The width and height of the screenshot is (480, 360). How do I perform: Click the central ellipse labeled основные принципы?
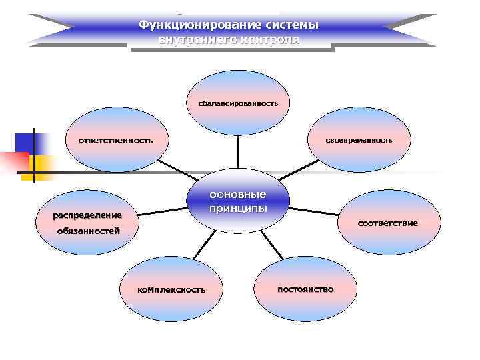(x=238, y=201)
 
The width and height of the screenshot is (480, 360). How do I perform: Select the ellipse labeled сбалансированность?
(x=238, y=103)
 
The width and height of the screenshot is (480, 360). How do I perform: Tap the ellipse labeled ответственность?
(x=117, y=141)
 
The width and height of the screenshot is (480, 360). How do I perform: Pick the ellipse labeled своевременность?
(x=359, y=140)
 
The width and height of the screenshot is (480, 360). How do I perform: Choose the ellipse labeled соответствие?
(x=387, y=222)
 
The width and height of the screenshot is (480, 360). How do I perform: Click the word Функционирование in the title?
(x=187, y=25)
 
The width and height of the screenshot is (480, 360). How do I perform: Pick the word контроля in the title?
(x=270, y=39)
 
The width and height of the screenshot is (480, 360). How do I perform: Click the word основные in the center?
(x=238, y=195)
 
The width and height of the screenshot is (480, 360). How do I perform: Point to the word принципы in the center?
(x=238, y=208)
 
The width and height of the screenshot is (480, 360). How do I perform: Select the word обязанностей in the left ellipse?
(x=88, y=231)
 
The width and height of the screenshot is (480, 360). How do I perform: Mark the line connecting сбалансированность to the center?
(x=238, y=151)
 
